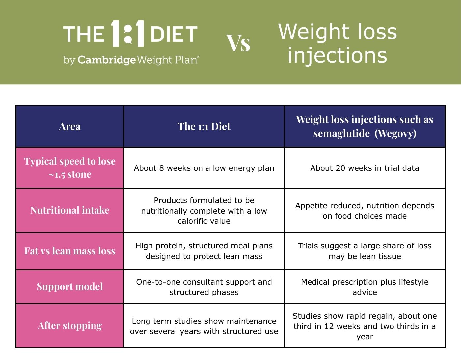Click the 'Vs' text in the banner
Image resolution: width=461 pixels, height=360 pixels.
pyautogui.click(x=238, y=43)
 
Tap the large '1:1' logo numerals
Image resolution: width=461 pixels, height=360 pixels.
pyautogui.click(x=127, y=34)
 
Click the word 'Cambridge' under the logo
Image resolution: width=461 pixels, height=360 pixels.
pyautogui.click(x=106, y=60)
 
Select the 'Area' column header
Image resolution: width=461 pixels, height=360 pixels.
pyautogui.click(x=69, y=127)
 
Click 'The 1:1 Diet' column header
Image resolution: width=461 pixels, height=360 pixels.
pyautogui.click(x=204, y=127)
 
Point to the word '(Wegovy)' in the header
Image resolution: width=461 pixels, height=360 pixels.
pyautogui.click(x=395, y=133)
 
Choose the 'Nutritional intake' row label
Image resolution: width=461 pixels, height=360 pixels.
pyautogui.click(x=69, y=210)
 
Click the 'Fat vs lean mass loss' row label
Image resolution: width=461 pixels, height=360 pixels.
pyautogui.click(x=69, y=251)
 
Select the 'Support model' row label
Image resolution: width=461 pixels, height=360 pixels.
pyautogui.click(x=69, y=287)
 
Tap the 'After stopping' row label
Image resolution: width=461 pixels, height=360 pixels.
pyautogui.click(x=69, y=326)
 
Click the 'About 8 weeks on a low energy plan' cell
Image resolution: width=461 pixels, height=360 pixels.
pyautogui.click(x=204, y=168)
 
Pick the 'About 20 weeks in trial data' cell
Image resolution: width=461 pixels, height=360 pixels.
pyautogui.click(x=365, y=168)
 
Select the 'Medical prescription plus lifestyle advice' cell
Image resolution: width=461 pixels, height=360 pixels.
pyautogui.click(x=365, y=287)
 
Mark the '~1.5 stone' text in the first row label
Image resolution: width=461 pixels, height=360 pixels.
pyautogui.click(x=69, y=175)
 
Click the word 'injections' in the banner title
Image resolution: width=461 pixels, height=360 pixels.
pyautogui.click(x=337, y=56)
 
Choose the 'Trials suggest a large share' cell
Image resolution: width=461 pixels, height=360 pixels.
pyautogui.click(x=365, y=251)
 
